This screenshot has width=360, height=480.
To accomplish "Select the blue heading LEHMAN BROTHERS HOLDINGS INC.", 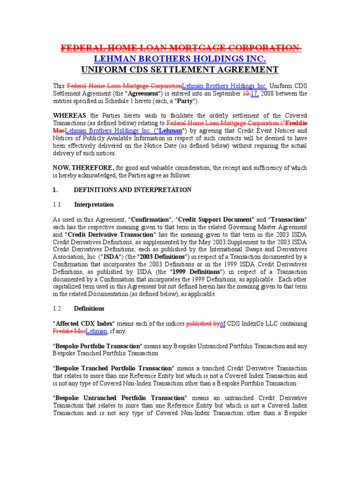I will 180,59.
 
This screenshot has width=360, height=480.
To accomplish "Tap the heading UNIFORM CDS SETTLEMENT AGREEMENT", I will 180,70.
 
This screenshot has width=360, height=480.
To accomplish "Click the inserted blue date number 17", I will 256,93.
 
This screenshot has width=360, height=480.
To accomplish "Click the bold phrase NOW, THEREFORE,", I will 83,167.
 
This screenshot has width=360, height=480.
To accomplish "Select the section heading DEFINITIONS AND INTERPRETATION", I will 133,190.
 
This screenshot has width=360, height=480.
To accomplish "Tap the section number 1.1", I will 57,205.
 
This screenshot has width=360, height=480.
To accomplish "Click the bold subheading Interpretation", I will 94,205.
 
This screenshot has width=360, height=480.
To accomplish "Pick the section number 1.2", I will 57,308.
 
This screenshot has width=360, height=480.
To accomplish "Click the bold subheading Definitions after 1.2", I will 89,308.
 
